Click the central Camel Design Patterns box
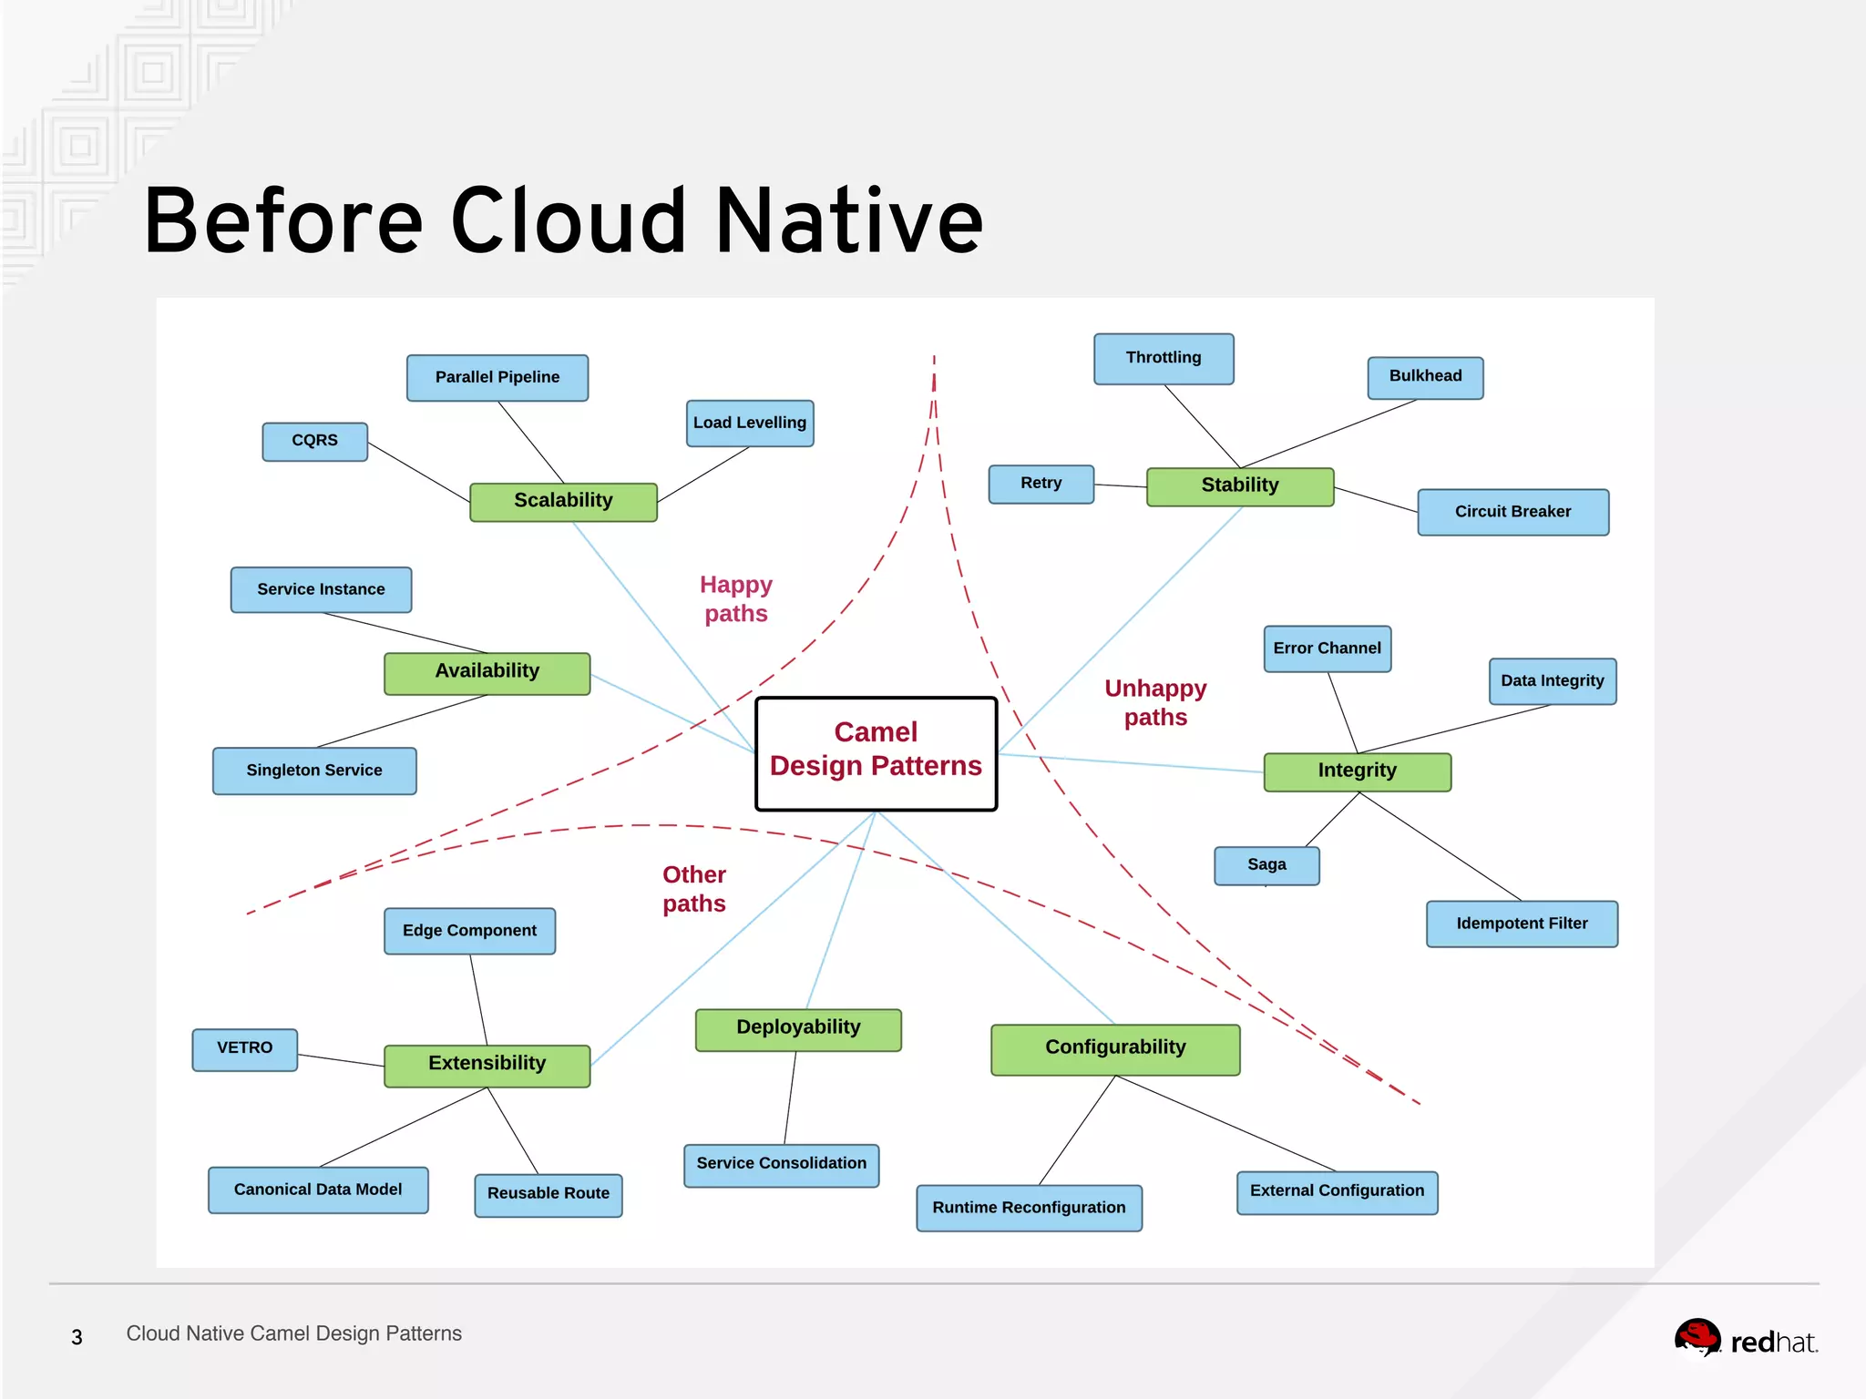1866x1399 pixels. point(876,753)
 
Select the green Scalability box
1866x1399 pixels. point(563,502)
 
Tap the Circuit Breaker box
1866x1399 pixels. point(1512,512)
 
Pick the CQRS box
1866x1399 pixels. point(314,441)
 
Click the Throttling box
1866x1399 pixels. point(1164,358)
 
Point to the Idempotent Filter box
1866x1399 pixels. point(1522,924)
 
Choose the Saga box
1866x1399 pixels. point(1266,865)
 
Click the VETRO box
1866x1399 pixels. point(244,1049)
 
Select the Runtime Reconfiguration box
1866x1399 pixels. point(1029,1208)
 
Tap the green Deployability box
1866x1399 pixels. point(798,1029)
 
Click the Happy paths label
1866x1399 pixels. point(736,598)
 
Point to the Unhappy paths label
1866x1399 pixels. point(1155,702)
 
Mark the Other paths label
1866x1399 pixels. point(694,889)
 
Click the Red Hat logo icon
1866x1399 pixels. point(1697,1339)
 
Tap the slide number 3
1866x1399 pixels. point(77,1337)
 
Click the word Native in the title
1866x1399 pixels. point(849,221)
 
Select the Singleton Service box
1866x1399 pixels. point(314,771)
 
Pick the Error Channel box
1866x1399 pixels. point(1327,648)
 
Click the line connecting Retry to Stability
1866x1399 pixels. point(1120,485)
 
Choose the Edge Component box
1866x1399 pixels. point(469,931)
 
